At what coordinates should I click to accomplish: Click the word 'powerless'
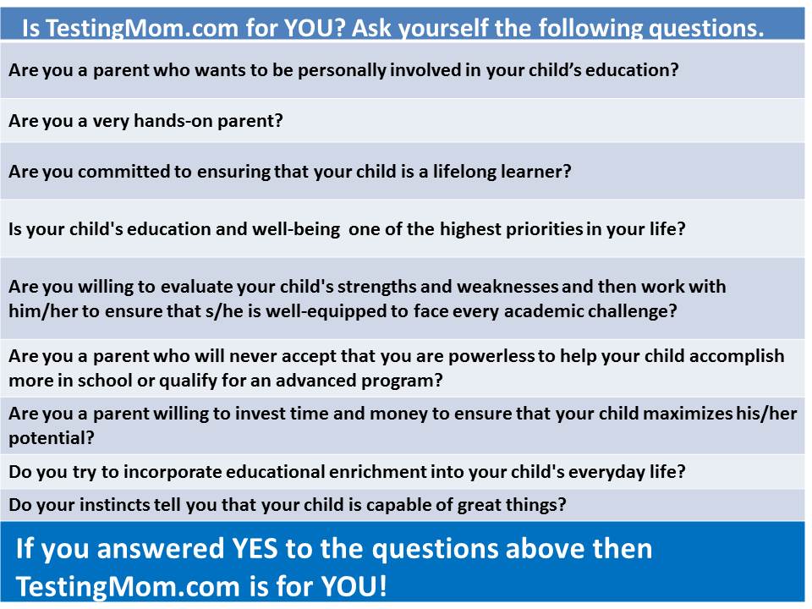point(491,356)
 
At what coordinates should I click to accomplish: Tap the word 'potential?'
point(52,439)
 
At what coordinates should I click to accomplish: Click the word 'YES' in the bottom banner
point(255,549)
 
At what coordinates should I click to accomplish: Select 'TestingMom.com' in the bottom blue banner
point(128,587)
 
